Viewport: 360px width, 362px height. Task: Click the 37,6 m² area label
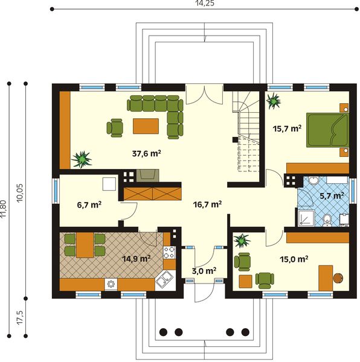coord(146,153)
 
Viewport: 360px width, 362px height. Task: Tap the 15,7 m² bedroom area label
coord(287,129)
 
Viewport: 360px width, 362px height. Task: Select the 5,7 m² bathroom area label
coord(332,195)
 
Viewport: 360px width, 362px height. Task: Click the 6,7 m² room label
coord(88,205)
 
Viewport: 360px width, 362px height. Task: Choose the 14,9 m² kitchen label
coord(137,258)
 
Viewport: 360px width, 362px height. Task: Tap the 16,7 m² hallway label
coord(207,205)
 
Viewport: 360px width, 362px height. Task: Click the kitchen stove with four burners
coord(170,253)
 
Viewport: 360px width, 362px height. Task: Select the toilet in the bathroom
coord(327,218)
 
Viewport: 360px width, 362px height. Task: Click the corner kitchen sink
coord(163,279)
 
